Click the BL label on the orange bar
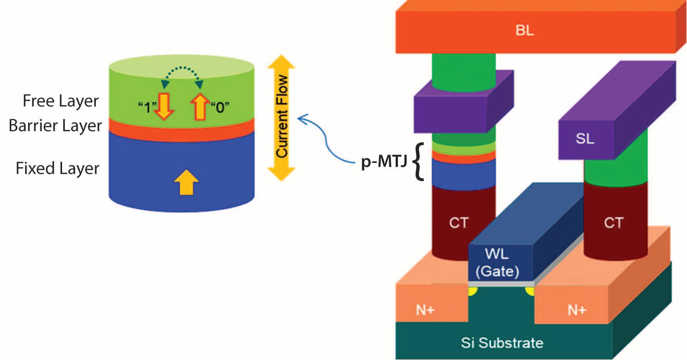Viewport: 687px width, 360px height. [524, 30]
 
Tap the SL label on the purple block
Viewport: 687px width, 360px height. [585, 138]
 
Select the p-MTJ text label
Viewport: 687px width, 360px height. [384, 161]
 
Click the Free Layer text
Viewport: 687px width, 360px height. [60, 101]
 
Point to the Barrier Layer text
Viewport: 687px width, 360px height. [55, 126]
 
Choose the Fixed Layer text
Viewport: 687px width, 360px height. [57, 168]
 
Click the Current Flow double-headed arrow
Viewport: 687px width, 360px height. [281, 118]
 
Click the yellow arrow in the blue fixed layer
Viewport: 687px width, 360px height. [186, 182]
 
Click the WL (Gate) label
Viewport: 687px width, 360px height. [497, 262]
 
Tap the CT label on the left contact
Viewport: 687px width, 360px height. [458, 223]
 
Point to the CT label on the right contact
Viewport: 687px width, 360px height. [613, 223]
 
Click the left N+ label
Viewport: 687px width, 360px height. [425, 310]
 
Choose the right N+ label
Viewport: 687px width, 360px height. [577, 310]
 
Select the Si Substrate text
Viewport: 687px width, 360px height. [502, 343]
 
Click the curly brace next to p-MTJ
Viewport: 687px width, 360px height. [419, 162]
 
